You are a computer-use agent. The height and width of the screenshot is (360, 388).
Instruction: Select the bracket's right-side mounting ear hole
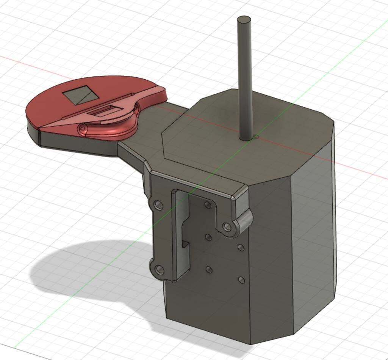(227, 227)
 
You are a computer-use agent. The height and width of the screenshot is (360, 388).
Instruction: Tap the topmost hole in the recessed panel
(207, 205)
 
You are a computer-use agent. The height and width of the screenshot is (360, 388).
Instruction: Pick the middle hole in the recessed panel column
(208, 237)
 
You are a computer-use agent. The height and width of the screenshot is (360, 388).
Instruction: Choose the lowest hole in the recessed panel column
(208, 270)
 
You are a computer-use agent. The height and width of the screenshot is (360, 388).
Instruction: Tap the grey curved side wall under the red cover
(76, 148)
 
